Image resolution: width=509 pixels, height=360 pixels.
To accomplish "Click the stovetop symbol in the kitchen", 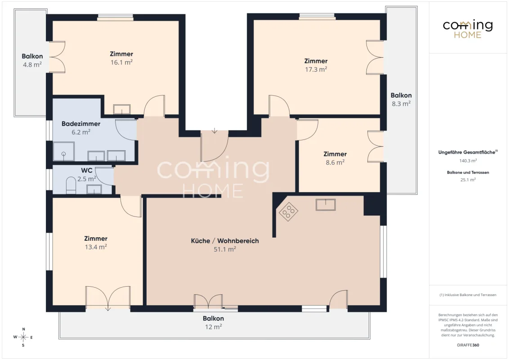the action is (289, 211).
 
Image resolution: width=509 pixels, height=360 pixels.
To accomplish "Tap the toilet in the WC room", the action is (71, 185).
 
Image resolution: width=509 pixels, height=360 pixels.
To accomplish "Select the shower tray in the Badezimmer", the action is (64, 151).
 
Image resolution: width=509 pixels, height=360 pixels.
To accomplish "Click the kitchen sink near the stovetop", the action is (326, 205).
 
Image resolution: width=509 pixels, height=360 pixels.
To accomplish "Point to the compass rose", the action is (23, 337).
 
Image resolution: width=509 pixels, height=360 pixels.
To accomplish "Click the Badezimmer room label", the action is (81, 124).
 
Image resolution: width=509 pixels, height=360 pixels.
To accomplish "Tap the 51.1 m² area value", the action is (225, 249).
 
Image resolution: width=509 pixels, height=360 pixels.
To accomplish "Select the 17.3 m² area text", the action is (316, 69).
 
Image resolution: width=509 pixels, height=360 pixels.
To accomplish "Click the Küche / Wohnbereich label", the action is (225, 241).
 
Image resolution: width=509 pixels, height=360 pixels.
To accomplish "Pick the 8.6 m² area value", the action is (335, 162).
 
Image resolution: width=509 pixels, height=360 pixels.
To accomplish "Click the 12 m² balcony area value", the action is (213, 327).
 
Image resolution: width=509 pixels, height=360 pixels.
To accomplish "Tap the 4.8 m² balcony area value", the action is (32, 65).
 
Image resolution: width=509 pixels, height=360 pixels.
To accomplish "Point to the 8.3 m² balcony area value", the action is (401, 103).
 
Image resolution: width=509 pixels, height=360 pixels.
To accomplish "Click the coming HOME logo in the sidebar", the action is (468, 29).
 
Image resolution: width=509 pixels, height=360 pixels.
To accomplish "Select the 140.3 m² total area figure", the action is (468, 161).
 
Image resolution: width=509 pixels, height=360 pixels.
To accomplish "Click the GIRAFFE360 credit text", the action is (468, 345).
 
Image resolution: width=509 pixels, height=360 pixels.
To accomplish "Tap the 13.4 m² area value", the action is (96, 247).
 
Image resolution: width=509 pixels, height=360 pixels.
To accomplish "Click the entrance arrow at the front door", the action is (214, 130).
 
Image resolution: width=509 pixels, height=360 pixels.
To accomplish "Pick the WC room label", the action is (87, 170).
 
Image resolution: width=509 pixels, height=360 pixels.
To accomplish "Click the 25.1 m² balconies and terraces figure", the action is (468, 180).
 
